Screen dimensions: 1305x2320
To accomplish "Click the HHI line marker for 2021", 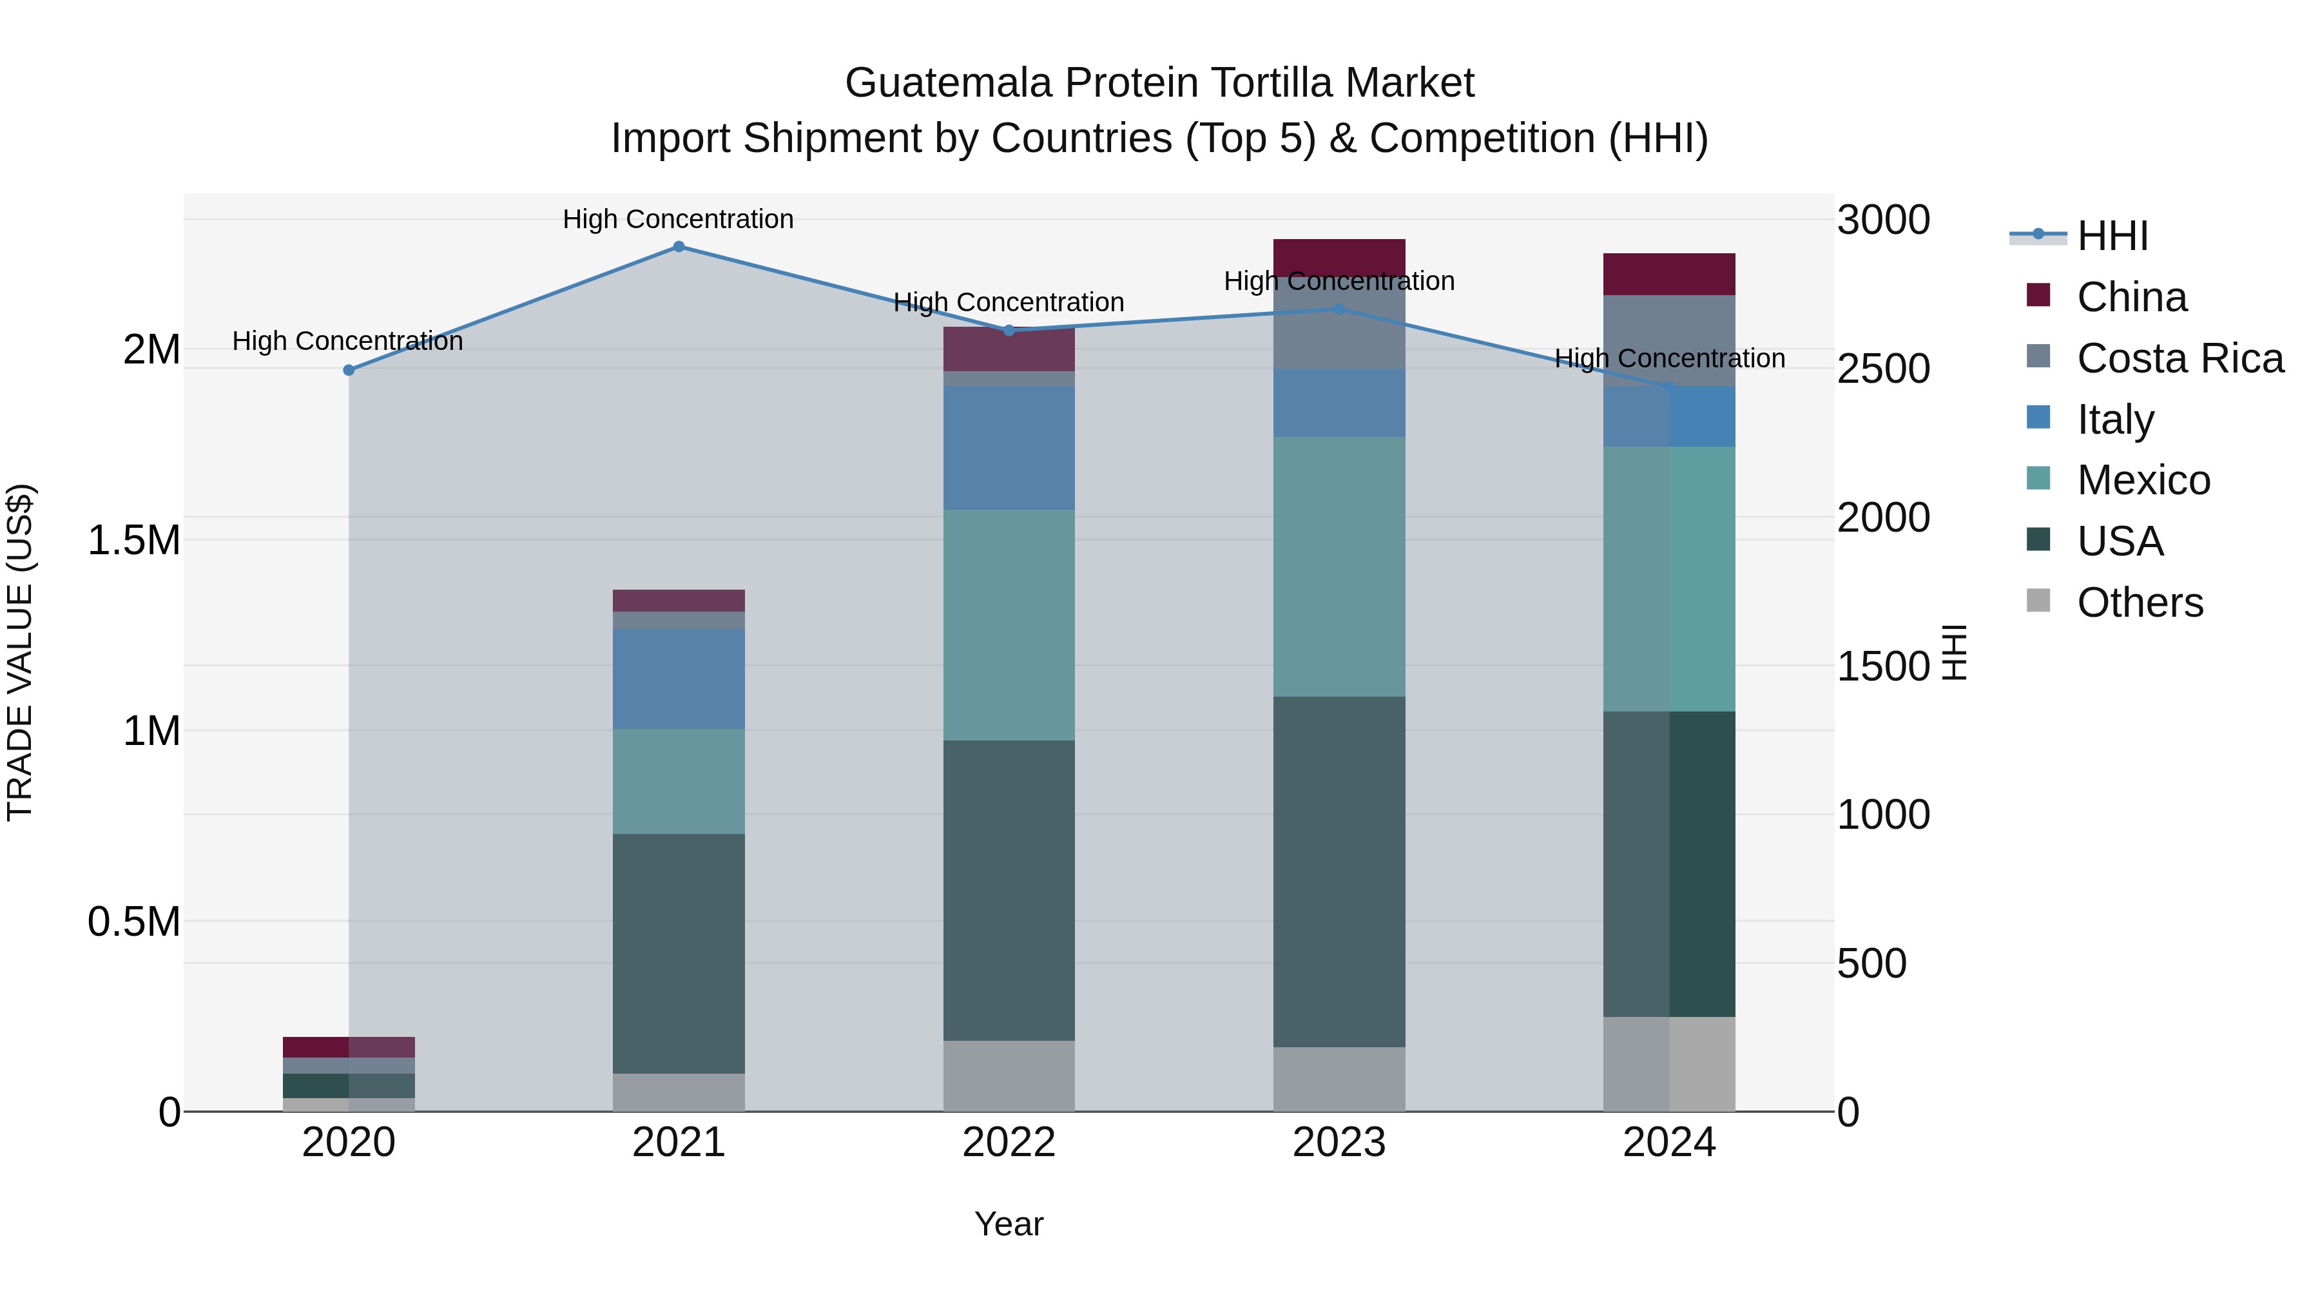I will (679, 247).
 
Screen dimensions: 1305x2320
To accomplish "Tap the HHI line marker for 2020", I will (349, 370).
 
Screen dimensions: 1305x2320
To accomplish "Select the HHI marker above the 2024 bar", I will (1669, 387).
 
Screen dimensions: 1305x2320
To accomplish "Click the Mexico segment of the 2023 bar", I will (1339, 566).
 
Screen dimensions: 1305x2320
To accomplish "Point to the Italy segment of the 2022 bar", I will (1009, 448).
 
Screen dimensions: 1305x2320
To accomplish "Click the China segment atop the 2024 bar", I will (1669, 274).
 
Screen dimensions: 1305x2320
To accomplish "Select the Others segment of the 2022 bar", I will (1009, 1076).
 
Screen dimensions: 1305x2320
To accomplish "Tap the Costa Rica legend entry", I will (2180, 358).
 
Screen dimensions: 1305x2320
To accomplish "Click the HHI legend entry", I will (2112, 236).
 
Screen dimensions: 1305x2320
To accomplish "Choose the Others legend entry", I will (2139, 603).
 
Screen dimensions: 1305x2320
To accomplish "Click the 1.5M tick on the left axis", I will (134, 541).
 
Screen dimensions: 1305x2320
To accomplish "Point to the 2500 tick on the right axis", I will (1883, 369).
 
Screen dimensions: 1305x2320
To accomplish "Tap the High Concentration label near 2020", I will (347, 342).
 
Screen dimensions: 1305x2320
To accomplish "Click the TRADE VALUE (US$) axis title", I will (20, 652).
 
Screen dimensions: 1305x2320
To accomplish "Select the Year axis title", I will (1009, 1224).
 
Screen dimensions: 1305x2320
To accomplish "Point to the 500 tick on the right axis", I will (1871, 963).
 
